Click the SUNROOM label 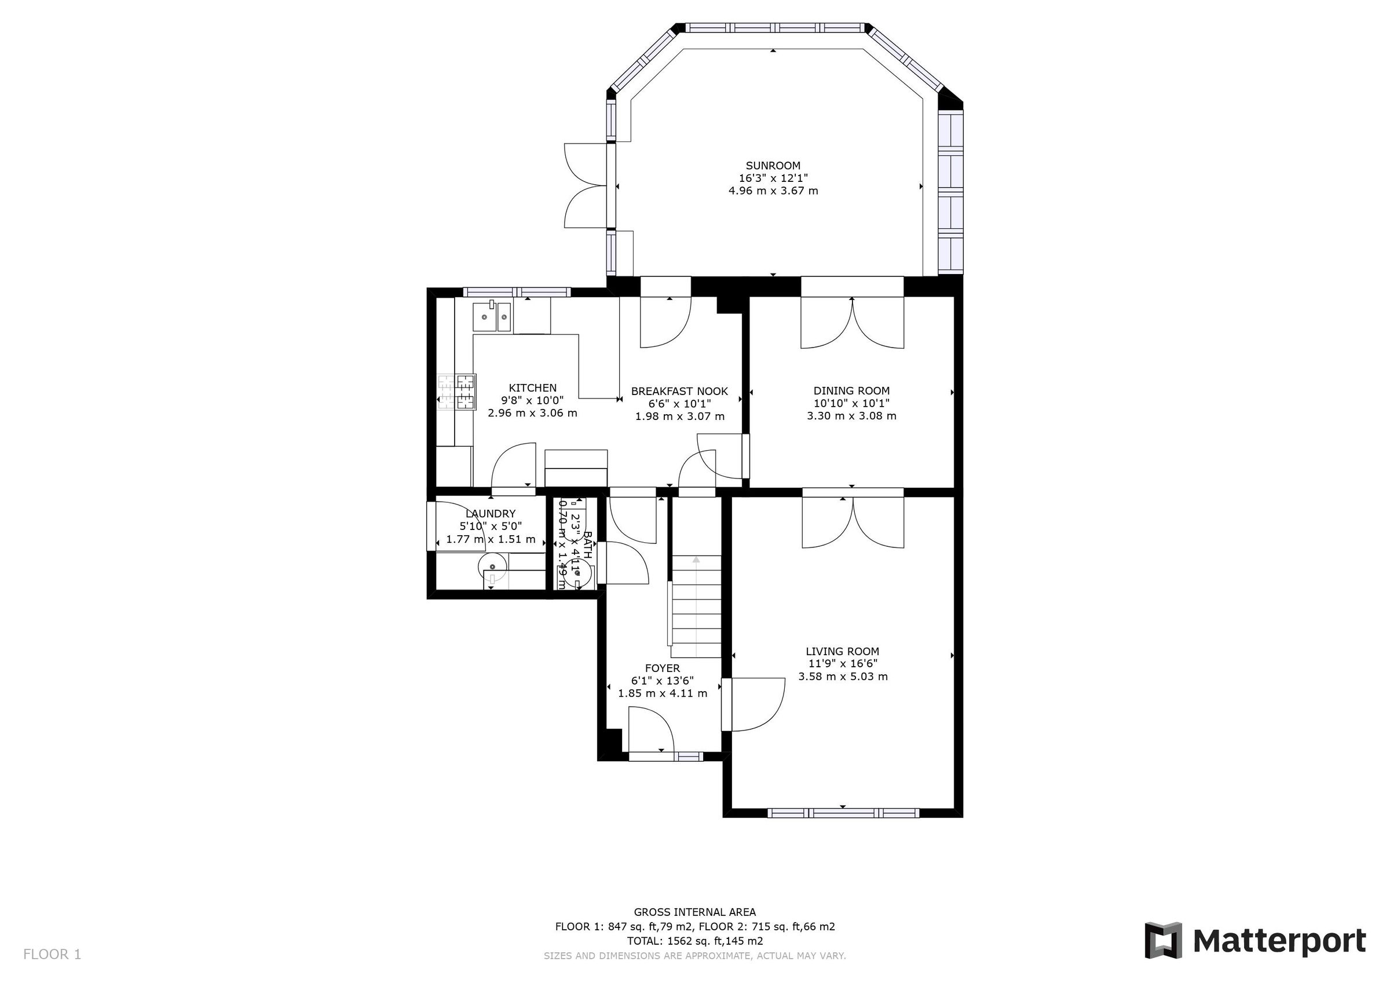(x=773, y=165)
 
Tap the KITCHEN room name (x=532, y=388)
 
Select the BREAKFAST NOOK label (x=679, y=391)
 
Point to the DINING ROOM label (x=851, y=390)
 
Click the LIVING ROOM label (x=842, y=651)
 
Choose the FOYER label (x=663, y=668)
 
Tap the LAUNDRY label (x=491, y=514)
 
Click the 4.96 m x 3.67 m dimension (x=773, y=191)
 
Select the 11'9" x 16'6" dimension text (x=842, y=664)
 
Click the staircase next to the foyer (x=696, y=606)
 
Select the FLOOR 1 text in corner (x=52, y=955)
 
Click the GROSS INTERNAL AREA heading (x=694, y=912)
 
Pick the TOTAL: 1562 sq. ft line (x=694, y=941)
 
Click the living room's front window (x=843, y=813)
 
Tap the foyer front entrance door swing (x=651, y=732)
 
